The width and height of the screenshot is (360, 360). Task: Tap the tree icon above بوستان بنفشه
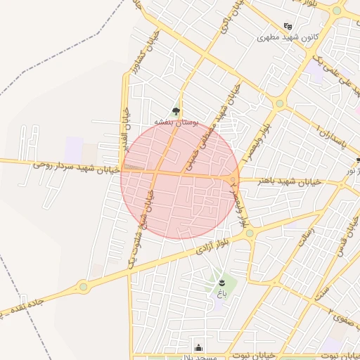[x=175, y=110]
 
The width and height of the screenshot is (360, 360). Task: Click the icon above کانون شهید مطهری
[x=287, y=26]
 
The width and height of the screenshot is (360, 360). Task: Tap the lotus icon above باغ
[x=222, y=283]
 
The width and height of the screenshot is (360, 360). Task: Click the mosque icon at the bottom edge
[x=199, y=347]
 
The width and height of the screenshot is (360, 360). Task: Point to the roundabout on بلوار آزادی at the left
[x=83, y=286]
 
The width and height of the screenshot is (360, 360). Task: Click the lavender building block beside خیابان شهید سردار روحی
[x=74, y=148]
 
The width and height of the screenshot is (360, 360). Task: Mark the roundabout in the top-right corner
[x=337, y=11]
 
